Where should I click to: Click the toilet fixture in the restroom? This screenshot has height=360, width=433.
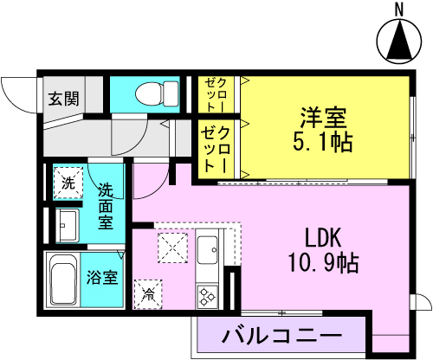tap(157, 93)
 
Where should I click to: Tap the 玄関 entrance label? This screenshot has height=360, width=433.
tap(63, 99)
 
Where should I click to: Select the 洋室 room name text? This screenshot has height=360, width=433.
tap(323, 118)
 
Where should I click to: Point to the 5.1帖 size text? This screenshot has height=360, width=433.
tap(323, 142)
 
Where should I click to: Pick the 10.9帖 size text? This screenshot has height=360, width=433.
tap(323, 262)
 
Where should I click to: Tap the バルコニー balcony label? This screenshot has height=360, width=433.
tap(281, 335)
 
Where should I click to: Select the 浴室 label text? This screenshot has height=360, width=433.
tap(102, 277)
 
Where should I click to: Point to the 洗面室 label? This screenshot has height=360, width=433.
tap(106, 206)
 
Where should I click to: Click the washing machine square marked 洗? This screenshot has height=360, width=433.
tap(68, 183)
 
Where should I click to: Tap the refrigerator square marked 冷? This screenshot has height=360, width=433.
tap(148, 294)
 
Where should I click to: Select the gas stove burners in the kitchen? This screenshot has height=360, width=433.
tap(207, 297)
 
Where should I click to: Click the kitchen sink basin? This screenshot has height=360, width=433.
tap(207, 250)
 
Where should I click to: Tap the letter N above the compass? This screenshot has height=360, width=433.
tap(399, 10)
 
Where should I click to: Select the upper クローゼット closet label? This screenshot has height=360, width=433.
tap(216, 95)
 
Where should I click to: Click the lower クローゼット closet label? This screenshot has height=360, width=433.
tap(216, 149)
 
